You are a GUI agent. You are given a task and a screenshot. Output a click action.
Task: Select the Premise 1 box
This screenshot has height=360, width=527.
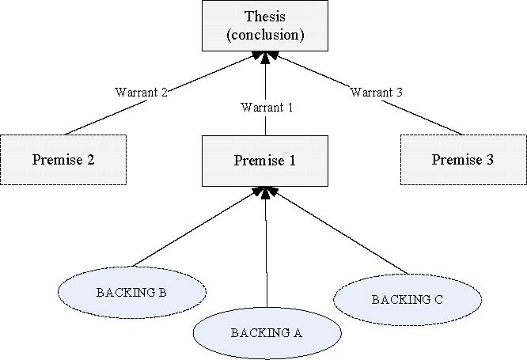pyautogui.click(x=264, y=160)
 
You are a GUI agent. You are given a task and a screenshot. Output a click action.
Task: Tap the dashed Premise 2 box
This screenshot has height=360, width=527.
pyautogui.click(x=63, y=160)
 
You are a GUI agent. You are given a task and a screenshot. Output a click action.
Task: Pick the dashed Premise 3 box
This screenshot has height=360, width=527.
pyautogui.click(x=463, y=160)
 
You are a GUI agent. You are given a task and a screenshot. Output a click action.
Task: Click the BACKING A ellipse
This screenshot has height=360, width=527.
pyautogui.click(x=267, y=332)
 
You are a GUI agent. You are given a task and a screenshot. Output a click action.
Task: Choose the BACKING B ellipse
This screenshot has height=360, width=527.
pyautogui.click(x=131, y=292)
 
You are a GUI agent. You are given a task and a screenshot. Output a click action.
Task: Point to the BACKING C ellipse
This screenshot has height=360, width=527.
pyautogui.click(x=407, y=299)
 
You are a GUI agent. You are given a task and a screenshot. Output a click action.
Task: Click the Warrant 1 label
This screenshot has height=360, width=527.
pyautogui.click(x=266, y=108)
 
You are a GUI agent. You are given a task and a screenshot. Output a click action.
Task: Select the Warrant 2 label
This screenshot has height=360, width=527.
pyautogui.click(x=139, y=93)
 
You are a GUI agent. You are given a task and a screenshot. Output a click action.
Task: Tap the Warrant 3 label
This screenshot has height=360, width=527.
pyautogui.click(x=377, y=93)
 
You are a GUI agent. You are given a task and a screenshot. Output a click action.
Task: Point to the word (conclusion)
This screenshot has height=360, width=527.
pyautogui.click(x=265, y=36)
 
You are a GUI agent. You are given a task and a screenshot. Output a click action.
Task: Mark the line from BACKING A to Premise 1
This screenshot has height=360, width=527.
pyautogui.click(x=266, y=253)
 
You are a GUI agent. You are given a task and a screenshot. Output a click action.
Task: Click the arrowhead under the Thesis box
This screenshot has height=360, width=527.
pyautogui.click(x=265, y=56)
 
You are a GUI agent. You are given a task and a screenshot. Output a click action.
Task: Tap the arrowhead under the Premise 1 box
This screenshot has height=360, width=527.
pyautogui.click(x=265, y=191)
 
